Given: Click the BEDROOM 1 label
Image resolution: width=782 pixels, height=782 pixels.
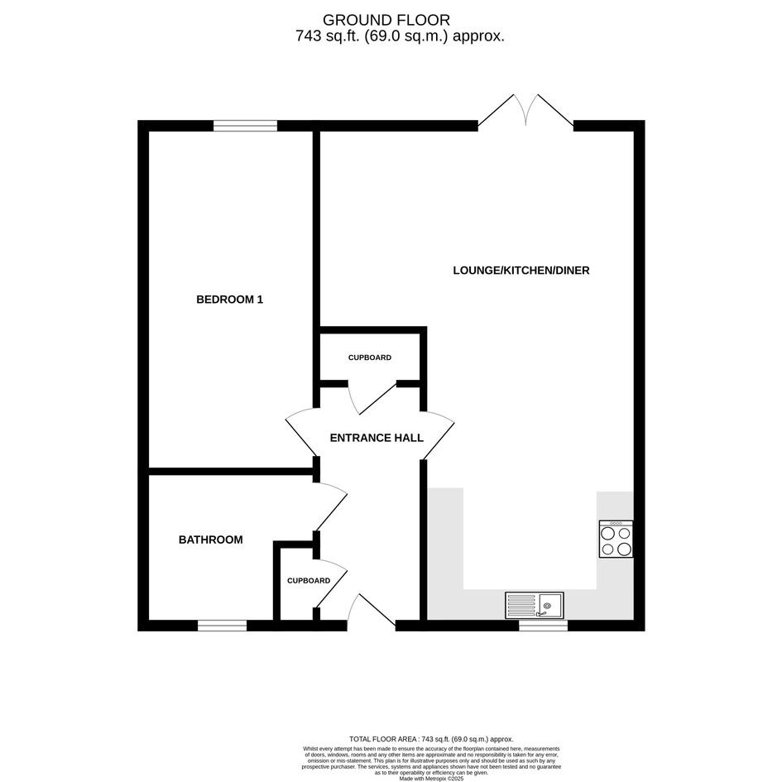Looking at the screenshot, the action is tap(229, 300).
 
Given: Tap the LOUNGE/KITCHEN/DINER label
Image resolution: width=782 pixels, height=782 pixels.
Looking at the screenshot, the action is tap(521, 271).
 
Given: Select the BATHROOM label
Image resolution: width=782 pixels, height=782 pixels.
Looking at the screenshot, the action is tap(210, 540).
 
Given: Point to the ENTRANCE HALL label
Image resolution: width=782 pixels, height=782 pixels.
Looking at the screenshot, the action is tap(377, 438).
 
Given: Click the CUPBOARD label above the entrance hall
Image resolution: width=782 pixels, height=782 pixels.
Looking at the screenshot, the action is tap(370, 357).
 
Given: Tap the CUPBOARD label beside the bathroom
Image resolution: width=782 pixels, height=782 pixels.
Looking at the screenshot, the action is tap(308, 581).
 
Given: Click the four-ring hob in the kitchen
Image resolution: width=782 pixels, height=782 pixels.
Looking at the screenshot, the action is tap(616, 539).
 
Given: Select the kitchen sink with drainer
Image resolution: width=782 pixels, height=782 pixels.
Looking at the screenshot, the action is tap(534, 606).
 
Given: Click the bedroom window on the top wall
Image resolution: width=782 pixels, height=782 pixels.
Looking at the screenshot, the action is tap(246, 126).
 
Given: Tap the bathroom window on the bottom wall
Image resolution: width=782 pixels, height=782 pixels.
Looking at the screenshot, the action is tap(222, 626).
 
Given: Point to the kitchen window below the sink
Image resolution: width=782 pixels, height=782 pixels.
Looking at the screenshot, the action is tap(543, 626).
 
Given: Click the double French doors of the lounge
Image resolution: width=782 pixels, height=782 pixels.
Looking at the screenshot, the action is tap(525, 110).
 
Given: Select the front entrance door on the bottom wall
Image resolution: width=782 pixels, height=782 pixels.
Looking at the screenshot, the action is tap(372, 611).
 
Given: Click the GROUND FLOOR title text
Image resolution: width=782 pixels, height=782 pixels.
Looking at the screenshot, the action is tap(386, 20).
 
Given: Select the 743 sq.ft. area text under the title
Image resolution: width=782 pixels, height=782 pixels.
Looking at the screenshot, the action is tap(400, 36).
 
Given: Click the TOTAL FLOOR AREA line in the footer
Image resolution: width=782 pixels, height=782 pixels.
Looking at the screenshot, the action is tap(431, 739).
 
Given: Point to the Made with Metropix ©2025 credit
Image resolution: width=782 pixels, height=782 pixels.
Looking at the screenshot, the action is tap(431, 778).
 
